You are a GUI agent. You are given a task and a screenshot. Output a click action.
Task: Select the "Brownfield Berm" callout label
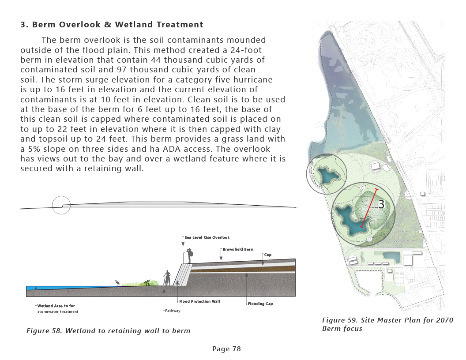point(238,250)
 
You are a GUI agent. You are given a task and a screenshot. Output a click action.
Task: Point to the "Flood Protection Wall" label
point(199,302)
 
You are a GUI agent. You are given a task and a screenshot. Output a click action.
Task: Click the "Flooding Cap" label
point(260,304)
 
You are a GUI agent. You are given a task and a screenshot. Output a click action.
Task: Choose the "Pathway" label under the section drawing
point(173,311)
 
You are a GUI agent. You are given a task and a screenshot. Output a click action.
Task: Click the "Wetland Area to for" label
point(56,306)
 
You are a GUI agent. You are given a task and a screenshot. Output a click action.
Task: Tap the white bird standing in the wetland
point(117,282)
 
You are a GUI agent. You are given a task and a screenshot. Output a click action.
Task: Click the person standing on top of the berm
point(190,256)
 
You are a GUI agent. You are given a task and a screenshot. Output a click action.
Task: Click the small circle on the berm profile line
point(61,205)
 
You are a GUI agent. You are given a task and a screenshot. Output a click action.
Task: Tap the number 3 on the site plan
point(381,204)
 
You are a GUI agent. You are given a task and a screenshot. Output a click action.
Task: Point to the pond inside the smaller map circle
point(326,175)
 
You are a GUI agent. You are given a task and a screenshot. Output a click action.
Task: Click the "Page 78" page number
point(226,349)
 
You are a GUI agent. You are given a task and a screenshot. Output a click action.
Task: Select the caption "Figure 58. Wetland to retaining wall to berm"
point(109,330)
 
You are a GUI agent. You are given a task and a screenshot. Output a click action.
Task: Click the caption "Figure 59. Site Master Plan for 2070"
point(387,320)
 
